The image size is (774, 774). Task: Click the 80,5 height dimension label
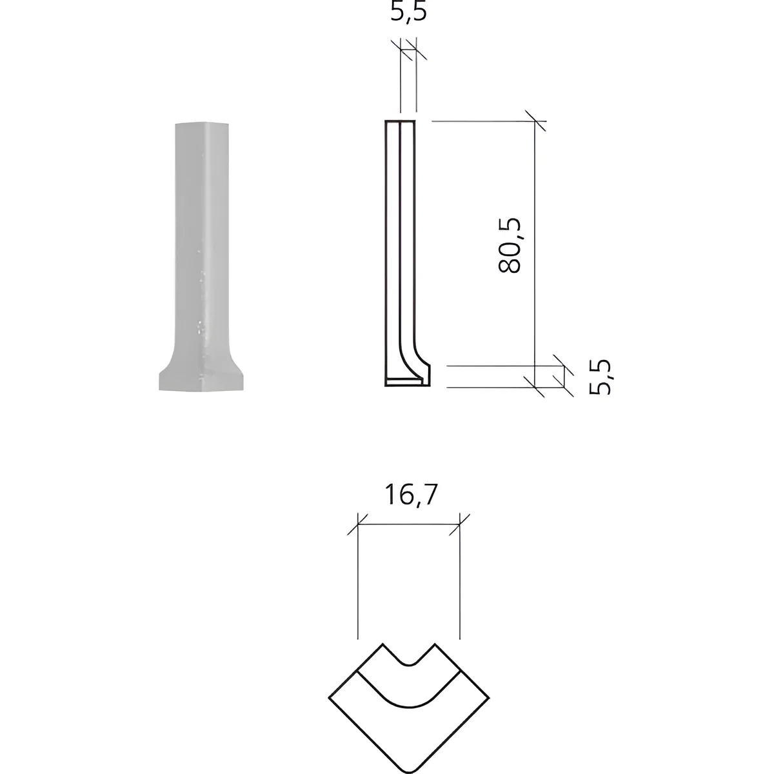coord(509,245)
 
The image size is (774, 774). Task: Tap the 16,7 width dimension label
coord(410,495)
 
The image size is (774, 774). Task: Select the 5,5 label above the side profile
coord(408,12)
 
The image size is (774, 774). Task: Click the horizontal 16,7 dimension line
coord(409,524)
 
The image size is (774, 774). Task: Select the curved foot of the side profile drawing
coord(416,364)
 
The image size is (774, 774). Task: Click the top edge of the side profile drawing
coord(400,121)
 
